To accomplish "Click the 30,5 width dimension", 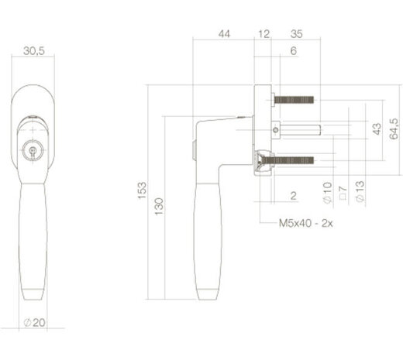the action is point(34,51).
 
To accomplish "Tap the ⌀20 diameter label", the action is point(34,323).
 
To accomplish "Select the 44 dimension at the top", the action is point(224,34).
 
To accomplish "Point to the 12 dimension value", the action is point(263,34).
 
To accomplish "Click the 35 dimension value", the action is point(296,34).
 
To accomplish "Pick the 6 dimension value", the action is point(294,51).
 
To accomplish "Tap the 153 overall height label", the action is point(142,190).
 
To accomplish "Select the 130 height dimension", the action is point(159,207).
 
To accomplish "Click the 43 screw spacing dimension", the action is point(377,129).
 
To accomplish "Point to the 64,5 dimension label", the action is point(394,129).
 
